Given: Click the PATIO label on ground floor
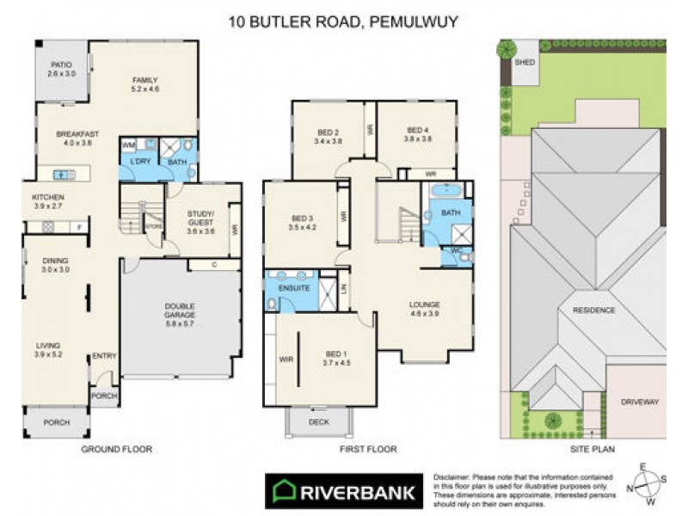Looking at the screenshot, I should (60, 64).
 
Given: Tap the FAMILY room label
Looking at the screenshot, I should (144, 80).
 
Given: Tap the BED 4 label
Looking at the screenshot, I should (418, 130).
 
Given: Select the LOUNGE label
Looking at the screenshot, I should (425, 304).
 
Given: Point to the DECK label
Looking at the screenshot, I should (319, 421).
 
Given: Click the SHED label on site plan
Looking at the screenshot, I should (524, 63).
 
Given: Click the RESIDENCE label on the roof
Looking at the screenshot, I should (595, 310).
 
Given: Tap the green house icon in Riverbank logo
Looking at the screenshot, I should (285, 492).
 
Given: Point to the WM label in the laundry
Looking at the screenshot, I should (127, 145).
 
